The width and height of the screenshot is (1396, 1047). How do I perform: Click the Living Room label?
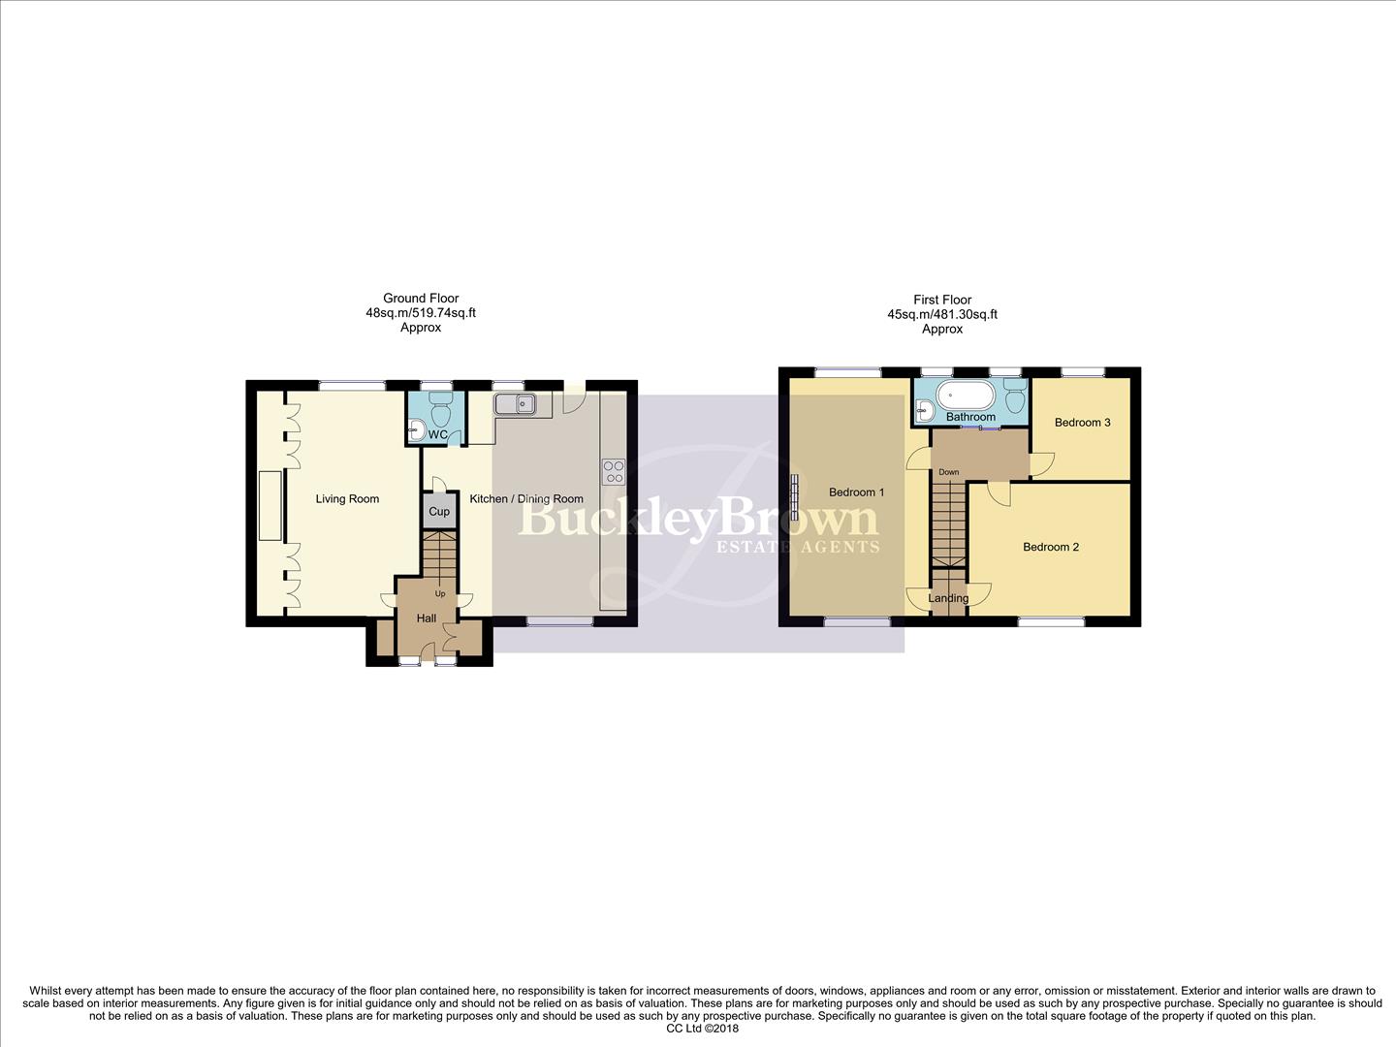[x=347, y=499]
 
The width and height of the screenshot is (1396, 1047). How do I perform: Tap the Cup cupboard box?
[x=439, y=511]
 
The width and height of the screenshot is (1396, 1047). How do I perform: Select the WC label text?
[x=438, y=435]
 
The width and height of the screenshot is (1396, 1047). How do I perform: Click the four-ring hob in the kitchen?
[x=614, y=471]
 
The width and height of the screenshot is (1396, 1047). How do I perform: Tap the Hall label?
[x=427, y=619]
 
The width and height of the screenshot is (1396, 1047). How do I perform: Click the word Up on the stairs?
[x=440, y=593]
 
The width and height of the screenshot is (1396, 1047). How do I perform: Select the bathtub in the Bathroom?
[x=966, y=397]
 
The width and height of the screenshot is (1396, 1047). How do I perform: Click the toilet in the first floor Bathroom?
[x=1015, y=398]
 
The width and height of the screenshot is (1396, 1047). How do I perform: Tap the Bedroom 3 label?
[x=1082, y=423]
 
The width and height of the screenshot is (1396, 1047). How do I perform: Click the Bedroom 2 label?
[x=1051, y=547]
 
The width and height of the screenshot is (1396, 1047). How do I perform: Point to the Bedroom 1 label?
[x=856, y=492]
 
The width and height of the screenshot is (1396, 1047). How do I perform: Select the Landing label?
[x=948, y=598]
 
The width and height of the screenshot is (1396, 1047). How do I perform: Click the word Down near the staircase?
[x=948, y=472]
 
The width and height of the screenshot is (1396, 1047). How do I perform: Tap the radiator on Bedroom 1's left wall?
[x=794, y=491]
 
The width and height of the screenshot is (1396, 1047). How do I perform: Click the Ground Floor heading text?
[x=421, y=299]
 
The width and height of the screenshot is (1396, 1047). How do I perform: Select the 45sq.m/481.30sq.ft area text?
[x=942, y=314]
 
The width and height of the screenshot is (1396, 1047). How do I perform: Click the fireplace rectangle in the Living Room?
[x=270, y=505]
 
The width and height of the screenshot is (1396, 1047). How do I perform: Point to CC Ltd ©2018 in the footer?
[x=703, y=1030]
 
